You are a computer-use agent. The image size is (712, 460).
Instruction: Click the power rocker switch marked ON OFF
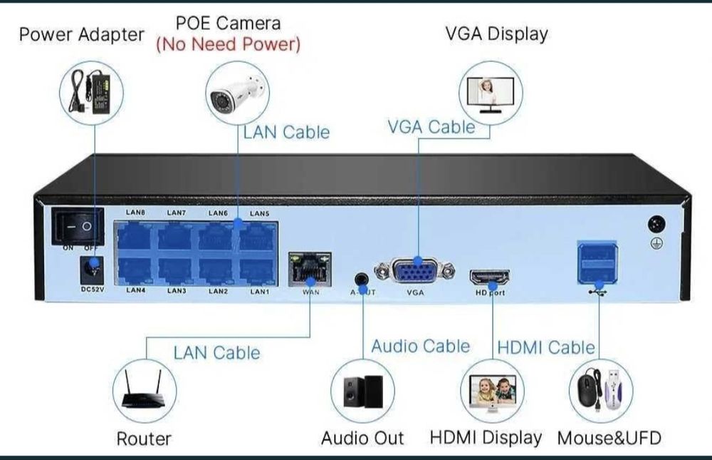coord(78,226)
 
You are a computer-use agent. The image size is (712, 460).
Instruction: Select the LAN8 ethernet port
coord(135,235)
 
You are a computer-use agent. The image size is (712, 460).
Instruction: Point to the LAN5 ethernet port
coord(258,235)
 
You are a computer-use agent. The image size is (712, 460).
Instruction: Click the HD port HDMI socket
coord(489,277)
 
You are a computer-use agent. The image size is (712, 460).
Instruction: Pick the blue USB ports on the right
coord(597,261)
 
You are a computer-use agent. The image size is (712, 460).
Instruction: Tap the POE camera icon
coord(236,93)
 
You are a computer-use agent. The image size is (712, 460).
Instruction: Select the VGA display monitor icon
coord(491,93)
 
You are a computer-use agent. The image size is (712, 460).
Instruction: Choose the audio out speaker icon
coord(362,392)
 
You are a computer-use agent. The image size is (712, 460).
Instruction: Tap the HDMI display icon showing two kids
coord(492,392)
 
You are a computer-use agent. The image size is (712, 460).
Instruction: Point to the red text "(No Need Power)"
coord(228,44)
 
